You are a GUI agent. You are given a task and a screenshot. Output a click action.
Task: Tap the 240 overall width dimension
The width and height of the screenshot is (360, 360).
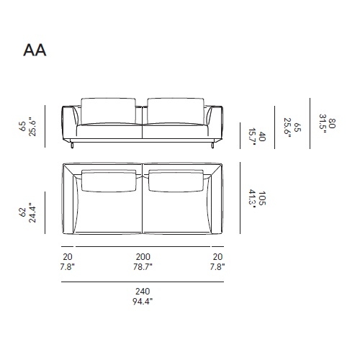point(142,292)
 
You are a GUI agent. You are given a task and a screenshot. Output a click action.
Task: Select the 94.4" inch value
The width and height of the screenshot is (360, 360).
point(142,301)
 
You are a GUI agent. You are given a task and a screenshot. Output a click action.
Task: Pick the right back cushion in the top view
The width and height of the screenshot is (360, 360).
point(176,181)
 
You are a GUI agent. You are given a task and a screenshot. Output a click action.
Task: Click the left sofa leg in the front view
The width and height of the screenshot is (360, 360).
point(74,147)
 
